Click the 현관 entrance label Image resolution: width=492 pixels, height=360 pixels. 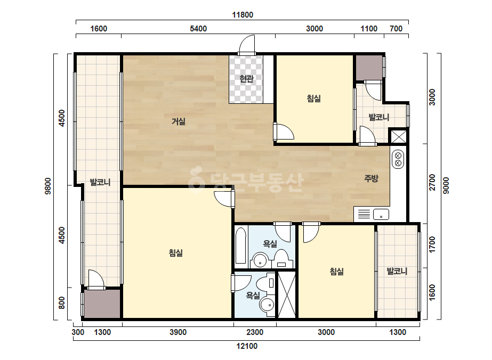pyautogui.click(x=246, y=78)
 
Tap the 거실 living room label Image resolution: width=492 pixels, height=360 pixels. pyautogui.click(x=178, y=121)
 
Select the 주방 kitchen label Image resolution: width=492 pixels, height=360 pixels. pyautogui.click(x=371, y=178)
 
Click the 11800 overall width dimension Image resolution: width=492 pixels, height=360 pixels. pyautogui.click(x=243, y=15)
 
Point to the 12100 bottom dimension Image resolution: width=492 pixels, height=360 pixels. pyautogui.click(x=247, y=346)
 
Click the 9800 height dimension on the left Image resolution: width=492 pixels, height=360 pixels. pyautogui.click(x=48, y=186)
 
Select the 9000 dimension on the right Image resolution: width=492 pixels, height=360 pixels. pyautogui.click(x=446, y=185)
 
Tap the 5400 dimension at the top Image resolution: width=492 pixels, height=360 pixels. pyautogui.click(x=198, y=29)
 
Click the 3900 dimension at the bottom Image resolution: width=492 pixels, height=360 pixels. pyautogui.click(x=178, y=332)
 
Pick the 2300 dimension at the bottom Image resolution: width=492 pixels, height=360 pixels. pyautogui.click(x=255, y=332)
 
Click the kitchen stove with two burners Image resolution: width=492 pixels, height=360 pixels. pyautogui.click(x=398, y=159)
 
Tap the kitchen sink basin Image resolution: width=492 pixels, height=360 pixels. pyautogui.click(x=381, y=215)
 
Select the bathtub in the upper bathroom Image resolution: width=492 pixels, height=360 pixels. pyautogui.click(x=240, y=245)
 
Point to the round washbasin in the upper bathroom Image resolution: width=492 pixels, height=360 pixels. pyautogui.click(x=260, y=260)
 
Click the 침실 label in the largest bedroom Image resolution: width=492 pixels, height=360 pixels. pyautogui.click(x=176, y=253)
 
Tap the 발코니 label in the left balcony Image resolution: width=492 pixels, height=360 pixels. pyautogui.click(x=100, y=182)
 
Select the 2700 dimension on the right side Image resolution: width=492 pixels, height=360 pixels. pyautogui.click(x=432, y=182)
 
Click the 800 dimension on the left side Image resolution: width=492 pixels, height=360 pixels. pyautogui.click(x=62, y=302)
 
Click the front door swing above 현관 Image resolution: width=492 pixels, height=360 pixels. pyautogui.click(x=247, y=45)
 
